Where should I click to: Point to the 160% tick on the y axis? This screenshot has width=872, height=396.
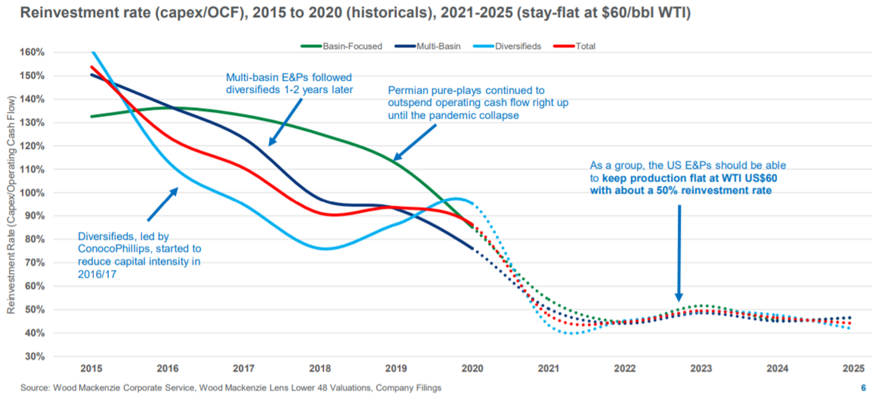click(32, 52)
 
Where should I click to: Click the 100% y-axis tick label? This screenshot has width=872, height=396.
click(32, 192)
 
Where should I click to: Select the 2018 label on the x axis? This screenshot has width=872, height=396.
click(320, 368)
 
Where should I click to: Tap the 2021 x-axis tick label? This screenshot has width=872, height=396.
click(548, 368)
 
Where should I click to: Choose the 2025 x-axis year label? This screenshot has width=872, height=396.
click(853, 368)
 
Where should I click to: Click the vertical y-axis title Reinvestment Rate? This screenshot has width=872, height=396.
click(11, 205)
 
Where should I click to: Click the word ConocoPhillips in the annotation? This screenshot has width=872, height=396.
click(114, 249)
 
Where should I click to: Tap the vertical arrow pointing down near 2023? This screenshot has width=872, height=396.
click(679, 252)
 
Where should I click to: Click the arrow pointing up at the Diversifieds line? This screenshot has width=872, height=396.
click(163, 204)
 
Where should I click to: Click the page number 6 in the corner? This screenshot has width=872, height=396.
click(863, 388)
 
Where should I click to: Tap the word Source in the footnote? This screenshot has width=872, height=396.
click(34, 388)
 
